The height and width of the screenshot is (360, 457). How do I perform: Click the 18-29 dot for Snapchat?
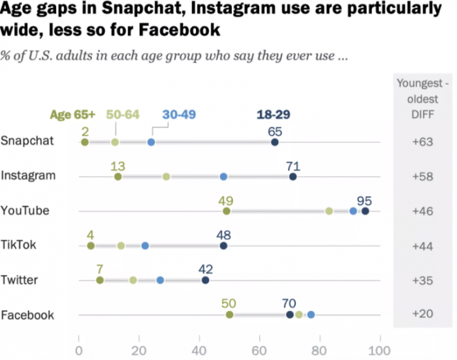point(275,142)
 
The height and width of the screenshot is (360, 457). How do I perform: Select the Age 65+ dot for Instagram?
point(118,176)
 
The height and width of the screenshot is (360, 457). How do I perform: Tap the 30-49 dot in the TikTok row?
point(145,246)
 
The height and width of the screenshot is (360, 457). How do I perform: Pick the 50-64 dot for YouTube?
point(329,211)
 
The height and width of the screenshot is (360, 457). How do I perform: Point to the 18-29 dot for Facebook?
point(290,315)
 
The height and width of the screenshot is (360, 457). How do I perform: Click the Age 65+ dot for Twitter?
point(100,280)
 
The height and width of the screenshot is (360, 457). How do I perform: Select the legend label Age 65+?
point(72,114)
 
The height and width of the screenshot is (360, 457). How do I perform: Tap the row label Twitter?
point(20,280)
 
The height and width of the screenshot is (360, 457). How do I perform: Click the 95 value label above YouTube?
point(364,200)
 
